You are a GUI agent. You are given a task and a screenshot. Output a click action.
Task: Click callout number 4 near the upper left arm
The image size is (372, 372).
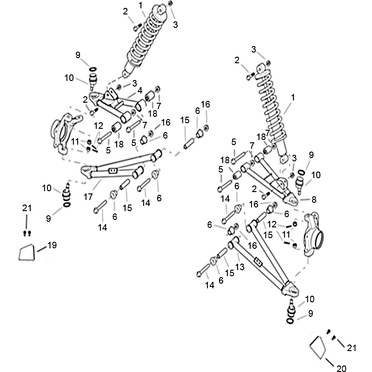139,91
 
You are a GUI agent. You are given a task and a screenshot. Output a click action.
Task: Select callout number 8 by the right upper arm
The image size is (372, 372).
314,199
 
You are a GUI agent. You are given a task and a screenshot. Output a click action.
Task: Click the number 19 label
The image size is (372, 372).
52,245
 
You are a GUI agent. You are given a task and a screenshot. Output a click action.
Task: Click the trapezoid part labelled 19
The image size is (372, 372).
26,253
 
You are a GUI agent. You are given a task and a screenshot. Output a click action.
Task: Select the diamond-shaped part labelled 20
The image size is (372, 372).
318,346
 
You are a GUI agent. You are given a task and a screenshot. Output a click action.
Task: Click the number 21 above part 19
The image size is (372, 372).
27,208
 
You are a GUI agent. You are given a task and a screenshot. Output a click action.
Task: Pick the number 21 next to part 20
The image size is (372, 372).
352,347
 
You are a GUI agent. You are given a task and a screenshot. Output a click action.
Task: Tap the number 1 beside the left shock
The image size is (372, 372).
140,5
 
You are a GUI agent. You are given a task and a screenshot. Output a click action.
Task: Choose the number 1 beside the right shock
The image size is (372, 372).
293,98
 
